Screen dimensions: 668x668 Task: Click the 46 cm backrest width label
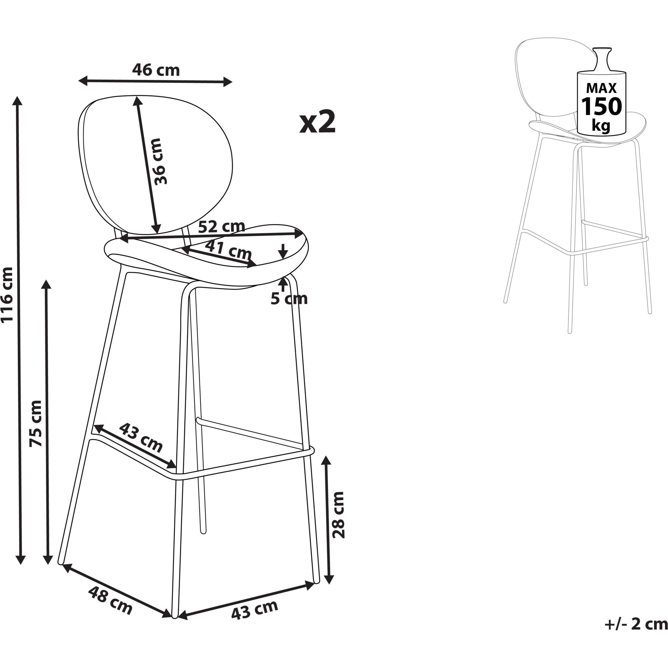point(156,70)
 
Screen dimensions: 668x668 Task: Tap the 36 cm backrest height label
point(160,161)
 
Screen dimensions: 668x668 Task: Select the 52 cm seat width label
point(222,226)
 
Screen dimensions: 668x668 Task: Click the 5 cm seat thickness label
point(289,299)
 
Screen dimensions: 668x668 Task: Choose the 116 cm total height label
point(7,295)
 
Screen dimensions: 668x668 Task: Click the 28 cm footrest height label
point(339,515)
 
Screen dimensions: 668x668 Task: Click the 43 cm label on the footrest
point(141,438)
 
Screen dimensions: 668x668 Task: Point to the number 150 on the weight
point(601,106)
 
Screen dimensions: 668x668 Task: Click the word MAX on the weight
point(601,88)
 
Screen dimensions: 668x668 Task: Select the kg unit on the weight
point(601,125)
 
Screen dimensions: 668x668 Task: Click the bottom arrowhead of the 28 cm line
point(329,579)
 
